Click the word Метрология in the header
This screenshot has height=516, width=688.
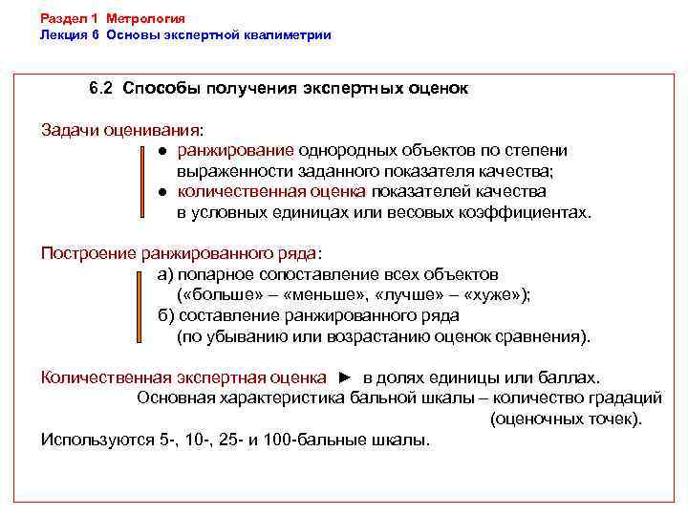[x=146, y=18]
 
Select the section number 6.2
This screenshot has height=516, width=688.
[x=101, y=89]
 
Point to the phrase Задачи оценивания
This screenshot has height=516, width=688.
[x=121, y=129]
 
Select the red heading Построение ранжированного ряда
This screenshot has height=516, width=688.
[x=179, y=253]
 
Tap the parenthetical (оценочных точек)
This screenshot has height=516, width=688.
[x=566, y=419]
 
